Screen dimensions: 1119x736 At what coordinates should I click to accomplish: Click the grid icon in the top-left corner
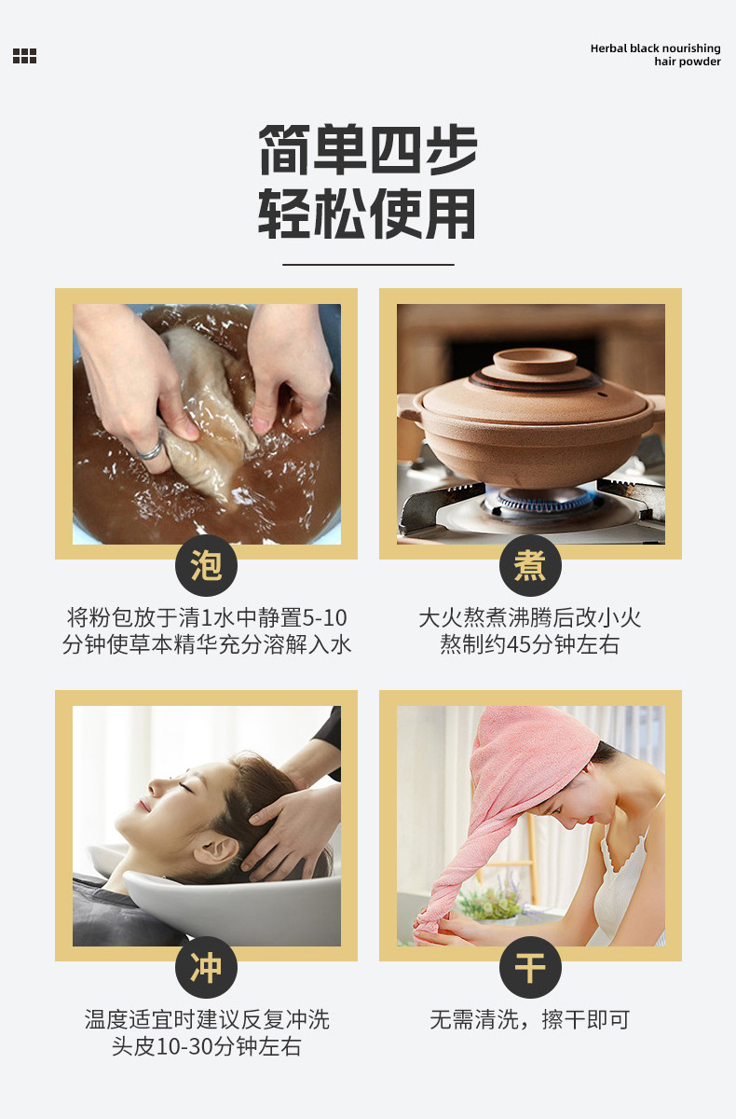click(24, 56)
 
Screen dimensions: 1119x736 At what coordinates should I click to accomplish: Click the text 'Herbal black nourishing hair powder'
click(655, 55)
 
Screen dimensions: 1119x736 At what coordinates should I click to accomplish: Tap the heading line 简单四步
click(367, 149)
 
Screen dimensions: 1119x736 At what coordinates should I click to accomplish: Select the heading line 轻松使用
click(367, 214)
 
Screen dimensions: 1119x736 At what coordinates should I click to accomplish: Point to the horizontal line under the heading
click(367, 265)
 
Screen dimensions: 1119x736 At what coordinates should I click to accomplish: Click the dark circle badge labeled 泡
click(206, 565)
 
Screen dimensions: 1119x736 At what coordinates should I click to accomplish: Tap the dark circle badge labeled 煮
click(530, 565)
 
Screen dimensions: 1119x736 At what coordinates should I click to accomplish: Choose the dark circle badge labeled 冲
click(206, 967)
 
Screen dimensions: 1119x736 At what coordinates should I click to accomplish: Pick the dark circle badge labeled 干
click(530, 967)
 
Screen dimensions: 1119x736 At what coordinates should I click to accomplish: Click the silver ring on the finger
click(150, 452)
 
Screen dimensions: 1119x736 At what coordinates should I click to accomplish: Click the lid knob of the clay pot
click(534, 360)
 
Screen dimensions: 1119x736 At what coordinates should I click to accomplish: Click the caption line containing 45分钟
click(529, 645)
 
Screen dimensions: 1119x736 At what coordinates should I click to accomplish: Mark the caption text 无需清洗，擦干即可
click(529, 1020)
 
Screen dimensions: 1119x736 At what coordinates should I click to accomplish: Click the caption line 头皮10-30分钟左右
click(206, 1047)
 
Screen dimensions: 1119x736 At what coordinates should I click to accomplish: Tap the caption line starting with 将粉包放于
click(206, 617)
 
